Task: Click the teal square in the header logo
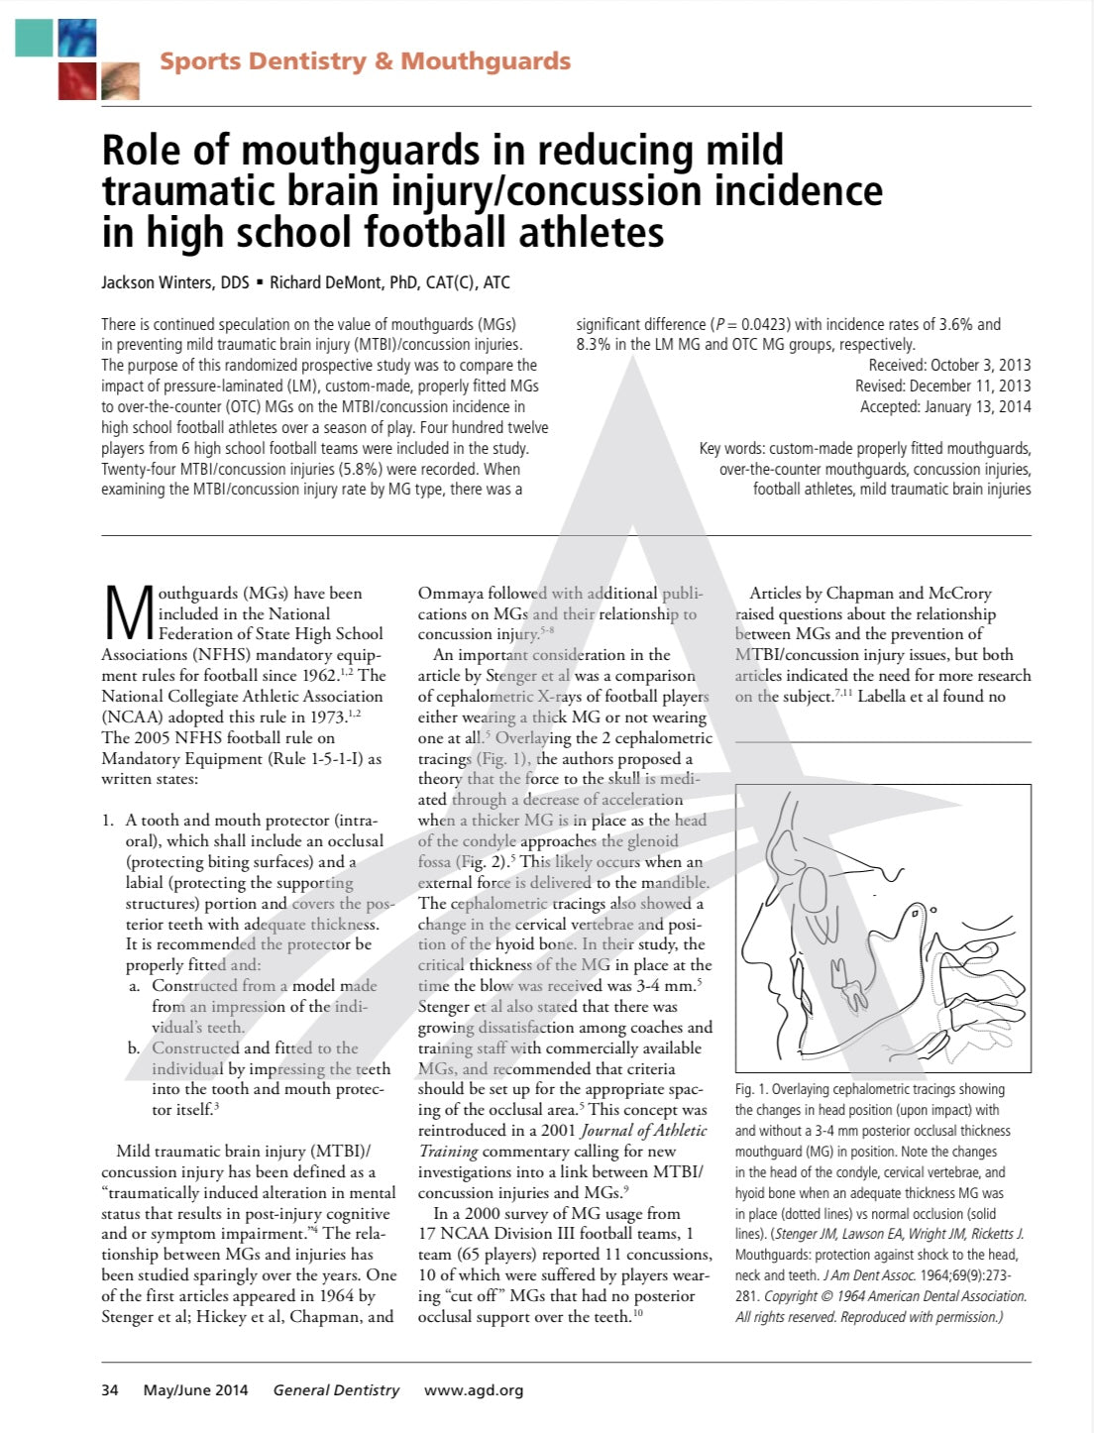pos(35,37)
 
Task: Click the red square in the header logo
pos(77,80)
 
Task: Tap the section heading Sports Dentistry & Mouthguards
pos(365,61)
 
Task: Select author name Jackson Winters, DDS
pos(175,282)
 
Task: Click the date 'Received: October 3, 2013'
pos(949,365)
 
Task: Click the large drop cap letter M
pos(127,614)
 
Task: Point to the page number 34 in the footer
pos(110,1390)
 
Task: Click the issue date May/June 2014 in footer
pos(196,1390)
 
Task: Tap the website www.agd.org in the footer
pos(474,1390)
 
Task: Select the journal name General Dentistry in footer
pos(336,1390)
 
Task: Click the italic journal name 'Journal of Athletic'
pos(643,1131)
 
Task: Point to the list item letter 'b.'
pos(134,1047)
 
